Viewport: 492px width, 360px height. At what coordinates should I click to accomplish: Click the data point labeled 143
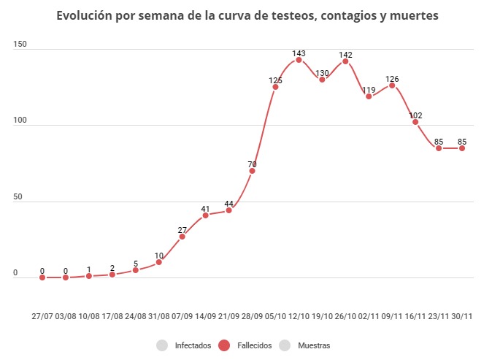(299, 60)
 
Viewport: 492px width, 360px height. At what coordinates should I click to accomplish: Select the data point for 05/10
(275, 87)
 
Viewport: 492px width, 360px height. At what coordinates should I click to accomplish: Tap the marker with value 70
(252, 171)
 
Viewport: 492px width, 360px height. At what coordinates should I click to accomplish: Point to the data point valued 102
(415, 122)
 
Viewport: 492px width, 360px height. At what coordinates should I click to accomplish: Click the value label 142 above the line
(345, 54)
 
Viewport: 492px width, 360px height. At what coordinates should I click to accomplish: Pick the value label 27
(182, 230)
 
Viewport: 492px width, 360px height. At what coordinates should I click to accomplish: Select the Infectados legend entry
(193, 345)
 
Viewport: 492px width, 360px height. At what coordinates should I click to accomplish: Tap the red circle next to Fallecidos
(226, 345)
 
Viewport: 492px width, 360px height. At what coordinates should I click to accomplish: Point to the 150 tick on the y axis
(20, 45)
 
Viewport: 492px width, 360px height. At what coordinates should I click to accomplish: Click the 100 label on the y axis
(20, 121)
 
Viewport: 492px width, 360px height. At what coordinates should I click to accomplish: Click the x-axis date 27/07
(42, 316)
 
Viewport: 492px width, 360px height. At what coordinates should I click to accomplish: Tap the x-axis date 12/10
(299, 316)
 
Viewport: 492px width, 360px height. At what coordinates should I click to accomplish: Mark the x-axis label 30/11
(462, 316)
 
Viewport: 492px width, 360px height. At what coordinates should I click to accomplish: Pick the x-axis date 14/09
(205, 316)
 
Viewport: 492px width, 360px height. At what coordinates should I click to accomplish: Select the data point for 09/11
(392, 85)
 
